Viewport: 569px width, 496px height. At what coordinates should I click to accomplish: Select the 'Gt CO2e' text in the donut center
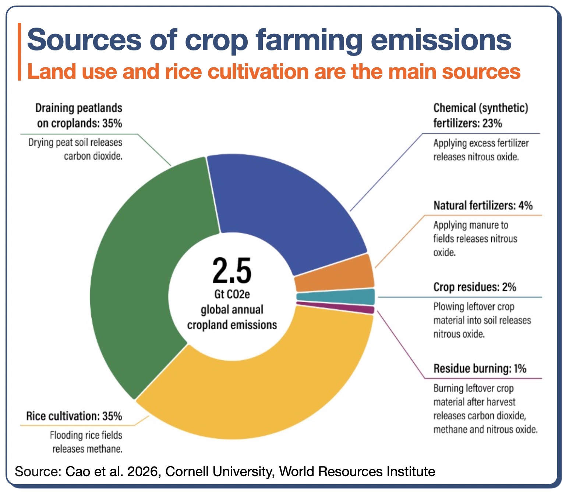click(232, 294)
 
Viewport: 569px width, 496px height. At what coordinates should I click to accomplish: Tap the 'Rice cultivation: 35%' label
click(74, 416)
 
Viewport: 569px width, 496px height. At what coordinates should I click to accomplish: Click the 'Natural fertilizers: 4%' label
click(483, 205)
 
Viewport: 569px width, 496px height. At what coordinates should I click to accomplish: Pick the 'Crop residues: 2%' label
click(475, 287)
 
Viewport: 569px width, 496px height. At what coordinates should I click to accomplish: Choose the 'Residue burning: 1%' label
click(480, 369)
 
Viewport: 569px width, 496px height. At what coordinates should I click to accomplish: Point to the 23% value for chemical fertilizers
click(492, 123)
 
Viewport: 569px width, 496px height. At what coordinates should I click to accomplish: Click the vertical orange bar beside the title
click(19, 52)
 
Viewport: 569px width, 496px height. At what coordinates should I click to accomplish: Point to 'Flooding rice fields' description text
click(86, 435)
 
